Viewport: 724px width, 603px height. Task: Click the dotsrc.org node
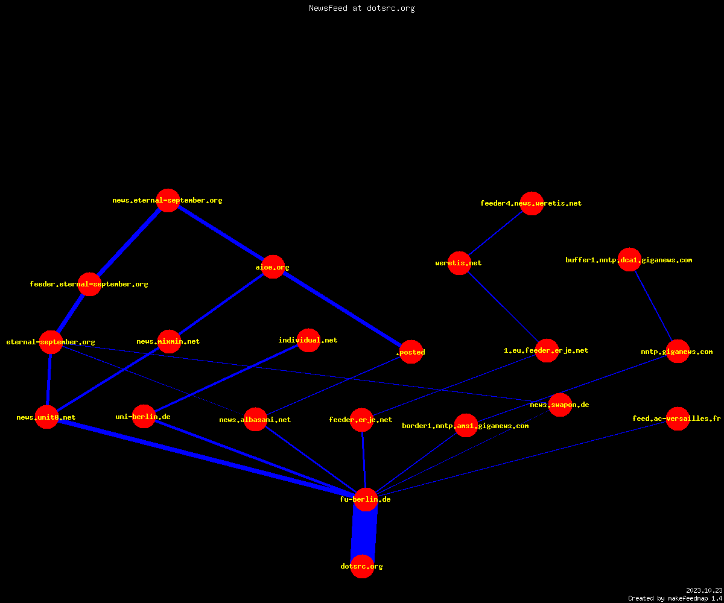point(363,566)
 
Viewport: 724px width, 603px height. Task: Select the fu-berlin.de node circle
point(366,499)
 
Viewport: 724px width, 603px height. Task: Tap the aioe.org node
point(273,267)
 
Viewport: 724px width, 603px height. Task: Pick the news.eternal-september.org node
point(168,200)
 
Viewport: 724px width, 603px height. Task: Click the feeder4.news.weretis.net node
point(532,203)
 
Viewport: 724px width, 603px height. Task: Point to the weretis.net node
point(459,263)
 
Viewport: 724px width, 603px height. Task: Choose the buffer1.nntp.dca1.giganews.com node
point(629,259)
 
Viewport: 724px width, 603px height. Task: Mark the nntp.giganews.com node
point(678,352)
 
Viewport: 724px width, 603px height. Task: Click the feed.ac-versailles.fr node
point(678,418)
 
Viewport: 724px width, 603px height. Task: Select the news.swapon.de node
point(560,405)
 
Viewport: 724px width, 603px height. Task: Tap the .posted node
point(411,352)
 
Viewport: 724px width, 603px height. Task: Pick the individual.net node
point(308,340)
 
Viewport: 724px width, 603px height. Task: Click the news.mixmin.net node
point(169,341)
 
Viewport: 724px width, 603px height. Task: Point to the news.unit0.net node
point(47,417)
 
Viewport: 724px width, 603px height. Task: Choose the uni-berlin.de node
point(144,417)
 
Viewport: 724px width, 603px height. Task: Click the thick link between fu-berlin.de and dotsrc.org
point(364,533)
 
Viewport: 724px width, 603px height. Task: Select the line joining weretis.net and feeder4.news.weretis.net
point(495,233)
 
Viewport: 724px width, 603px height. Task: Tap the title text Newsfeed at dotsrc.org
point(361,8)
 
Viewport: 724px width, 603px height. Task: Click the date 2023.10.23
point(704,590)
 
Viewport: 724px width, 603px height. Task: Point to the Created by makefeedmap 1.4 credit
point(675,599)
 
